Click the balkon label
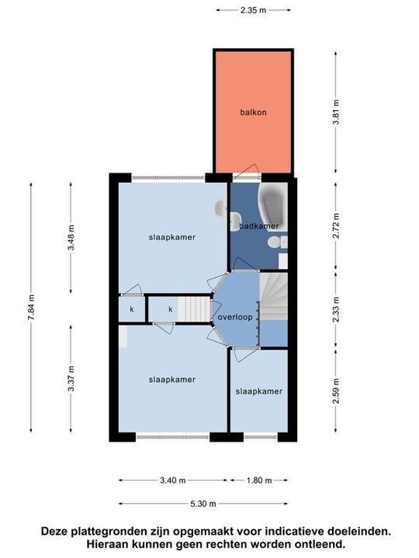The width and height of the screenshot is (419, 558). pos(253,112)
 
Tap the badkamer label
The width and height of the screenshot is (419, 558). pos(258,226)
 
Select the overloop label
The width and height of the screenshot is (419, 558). pos(235,317)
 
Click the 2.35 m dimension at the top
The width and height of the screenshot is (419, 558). pos(253,10)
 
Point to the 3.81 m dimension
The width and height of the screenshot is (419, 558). pos(336,112)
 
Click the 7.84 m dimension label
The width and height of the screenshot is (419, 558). pos(31,308)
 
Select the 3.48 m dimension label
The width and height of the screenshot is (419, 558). pos(71,237)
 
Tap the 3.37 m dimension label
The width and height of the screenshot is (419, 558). pos(71,379)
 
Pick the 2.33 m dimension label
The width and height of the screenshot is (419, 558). pos(336,309)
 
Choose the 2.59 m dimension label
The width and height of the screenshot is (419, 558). pos(336,391)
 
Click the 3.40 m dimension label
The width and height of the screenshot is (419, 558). pos(173,480)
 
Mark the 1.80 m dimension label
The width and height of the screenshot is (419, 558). pos(259,480)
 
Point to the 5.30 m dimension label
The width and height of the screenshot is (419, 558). pos(203,504)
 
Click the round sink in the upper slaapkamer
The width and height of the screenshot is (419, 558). pos(220,208)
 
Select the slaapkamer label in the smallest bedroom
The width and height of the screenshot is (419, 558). pos(258,391)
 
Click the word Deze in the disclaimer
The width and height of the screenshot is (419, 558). pos(54,532)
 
